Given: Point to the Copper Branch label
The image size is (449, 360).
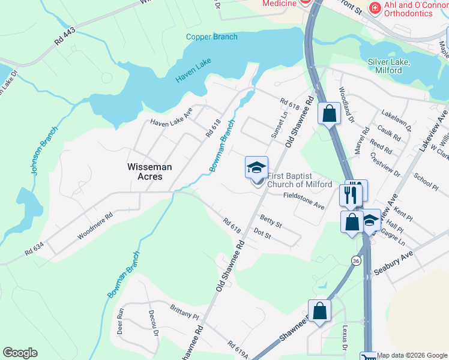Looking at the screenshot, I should [211, 37].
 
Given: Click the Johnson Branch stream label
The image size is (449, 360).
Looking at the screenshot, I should [44, 151].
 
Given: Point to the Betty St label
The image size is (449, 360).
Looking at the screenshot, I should [271, 220].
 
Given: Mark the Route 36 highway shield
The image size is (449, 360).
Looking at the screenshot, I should [356, 261].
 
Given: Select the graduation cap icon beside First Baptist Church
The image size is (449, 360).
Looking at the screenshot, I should [256, 167].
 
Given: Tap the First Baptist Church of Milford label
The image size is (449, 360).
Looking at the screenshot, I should [299, 180].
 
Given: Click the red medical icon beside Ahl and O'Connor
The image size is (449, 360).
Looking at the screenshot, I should [375, 8].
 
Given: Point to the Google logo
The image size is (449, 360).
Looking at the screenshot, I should [20, 353].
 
